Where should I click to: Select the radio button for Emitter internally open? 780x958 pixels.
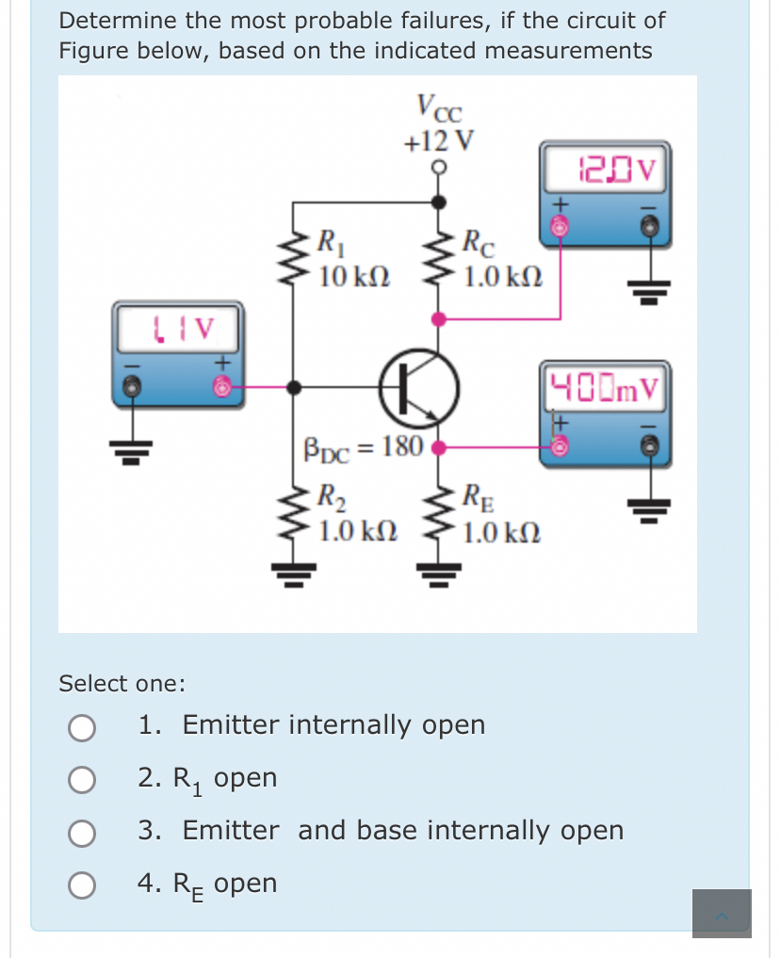pos(82,726)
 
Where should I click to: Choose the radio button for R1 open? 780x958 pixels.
pos(82,779)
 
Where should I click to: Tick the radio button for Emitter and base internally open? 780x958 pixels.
pos(82,832)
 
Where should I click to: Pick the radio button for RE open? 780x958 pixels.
pos(82,885)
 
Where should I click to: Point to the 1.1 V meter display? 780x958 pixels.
pos(180,329)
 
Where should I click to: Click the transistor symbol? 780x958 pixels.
pos(417,387)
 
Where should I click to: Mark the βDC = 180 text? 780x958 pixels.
pos(363,446)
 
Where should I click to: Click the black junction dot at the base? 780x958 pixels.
pos(294,386)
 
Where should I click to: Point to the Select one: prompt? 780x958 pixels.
pos(122,683)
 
